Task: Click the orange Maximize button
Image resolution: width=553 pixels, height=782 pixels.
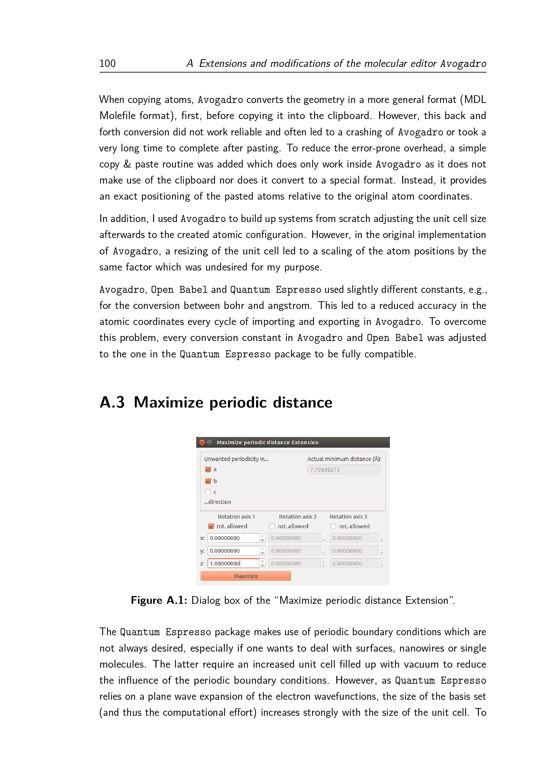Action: [245, 576]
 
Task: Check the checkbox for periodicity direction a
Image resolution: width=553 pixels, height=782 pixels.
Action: [208, 469]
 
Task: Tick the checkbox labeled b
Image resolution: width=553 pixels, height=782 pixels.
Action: [208, 481]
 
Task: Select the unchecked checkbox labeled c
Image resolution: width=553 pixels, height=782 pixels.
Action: [208, 492]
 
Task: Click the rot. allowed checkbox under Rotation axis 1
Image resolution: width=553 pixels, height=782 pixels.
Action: [211, 526]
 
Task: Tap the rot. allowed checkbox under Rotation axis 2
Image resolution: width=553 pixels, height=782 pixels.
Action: [272, 526]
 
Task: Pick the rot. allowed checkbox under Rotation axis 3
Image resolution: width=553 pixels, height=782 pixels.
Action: [333, 526]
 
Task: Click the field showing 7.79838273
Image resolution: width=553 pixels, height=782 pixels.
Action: [344, 470]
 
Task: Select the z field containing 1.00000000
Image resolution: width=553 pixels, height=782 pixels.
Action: [234, 563]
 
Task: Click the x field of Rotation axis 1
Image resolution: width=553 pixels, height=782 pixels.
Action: [234, 538]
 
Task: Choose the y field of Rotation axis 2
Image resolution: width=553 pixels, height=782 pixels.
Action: [295, 551]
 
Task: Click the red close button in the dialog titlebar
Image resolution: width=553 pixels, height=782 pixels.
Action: [202, 442]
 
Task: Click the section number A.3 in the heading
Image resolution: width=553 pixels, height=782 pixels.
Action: [112, 402]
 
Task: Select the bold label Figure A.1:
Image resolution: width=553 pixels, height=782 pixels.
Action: [159, 600]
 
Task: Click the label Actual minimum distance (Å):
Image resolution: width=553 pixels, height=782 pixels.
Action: [344, 459]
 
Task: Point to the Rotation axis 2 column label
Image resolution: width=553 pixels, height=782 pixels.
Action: [298, 517]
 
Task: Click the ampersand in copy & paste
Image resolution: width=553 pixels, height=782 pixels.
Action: [127, 164]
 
